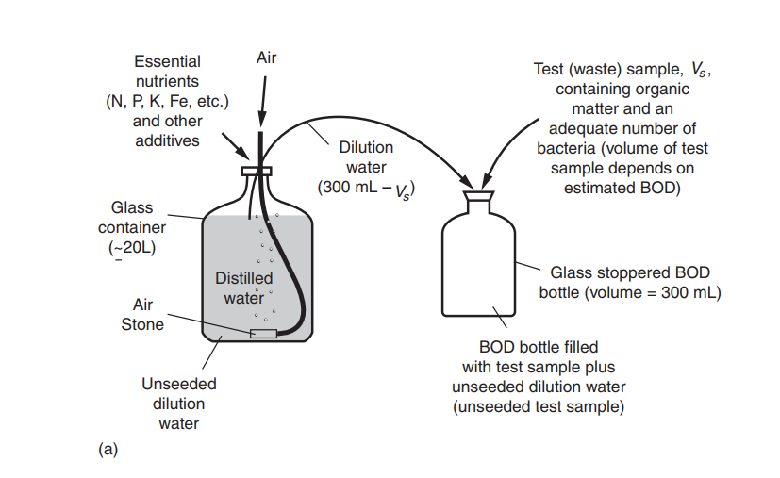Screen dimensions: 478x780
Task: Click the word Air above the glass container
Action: click(x=266, y=58)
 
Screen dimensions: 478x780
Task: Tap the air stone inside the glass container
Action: click(x=263, y=333)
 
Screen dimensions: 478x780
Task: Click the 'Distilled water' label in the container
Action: click(x=243, y=288)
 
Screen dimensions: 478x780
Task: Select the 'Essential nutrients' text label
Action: click(x=167, y=72)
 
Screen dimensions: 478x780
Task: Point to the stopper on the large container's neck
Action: click(x=257, y=171)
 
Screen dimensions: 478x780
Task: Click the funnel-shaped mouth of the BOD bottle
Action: click(x=479, y=197)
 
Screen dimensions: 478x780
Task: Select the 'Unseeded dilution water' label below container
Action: click(x=178, y=404)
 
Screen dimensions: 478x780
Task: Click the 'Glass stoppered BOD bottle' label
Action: click(x=629, y=282)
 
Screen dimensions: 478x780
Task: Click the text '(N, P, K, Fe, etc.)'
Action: click(x=167, y=102)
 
